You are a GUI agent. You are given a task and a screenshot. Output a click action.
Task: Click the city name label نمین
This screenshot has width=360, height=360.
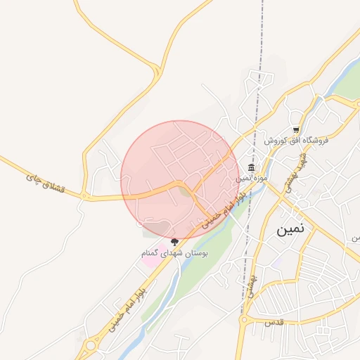pyautogui.click(x=292, y=229)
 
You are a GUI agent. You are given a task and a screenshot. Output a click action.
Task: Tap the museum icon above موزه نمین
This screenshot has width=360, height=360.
pyautogui.click(x=251, y=167)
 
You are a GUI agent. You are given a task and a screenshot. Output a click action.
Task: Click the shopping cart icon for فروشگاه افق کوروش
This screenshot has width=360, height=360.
pyautogui.click(x=296, y=130)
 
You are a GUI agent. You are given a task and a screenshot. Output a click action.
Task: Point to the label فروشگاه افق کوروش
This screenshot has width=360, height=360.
pyautogui.click(x=297, y=141)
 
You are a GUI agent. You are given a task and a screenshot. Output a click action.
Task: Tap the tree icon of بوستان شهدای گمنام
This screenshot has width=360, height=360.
pyautogui.click(x=174, y=242)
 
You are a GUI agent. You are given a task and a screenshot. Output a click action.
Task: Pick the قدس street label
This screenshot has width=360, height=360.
pyautogui.click(x=272, y=321)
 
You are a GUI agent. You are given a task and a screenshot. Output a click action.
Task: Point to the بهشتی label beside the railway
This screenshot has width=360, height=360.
pyautogui.click(x=250, y=284)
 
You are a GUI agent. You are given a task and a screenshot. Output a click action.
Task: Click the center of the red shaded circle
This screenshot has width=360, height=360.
pyautogui.click(x=180, y=180)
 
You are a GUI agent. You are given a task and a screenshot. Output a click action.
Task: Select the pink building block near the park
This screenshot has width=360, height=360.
pyautogui.click(x=150, y=259)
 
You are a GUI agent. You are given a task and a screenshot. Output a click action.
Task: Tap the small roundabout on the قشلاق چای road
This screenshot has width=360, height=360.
pyautogui.click(x=84, y=195)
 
